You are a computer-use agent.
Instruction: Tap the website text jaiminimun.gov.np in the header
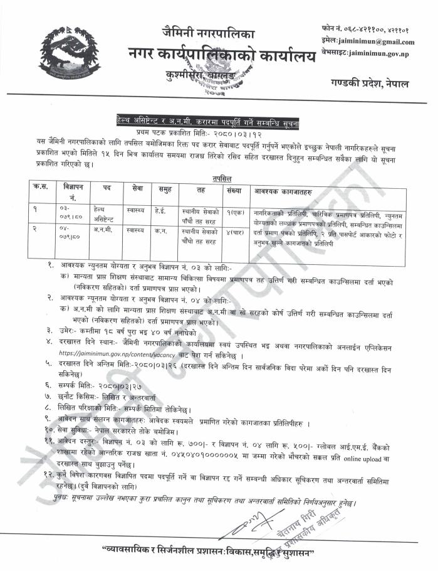[x=378, y=55]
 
